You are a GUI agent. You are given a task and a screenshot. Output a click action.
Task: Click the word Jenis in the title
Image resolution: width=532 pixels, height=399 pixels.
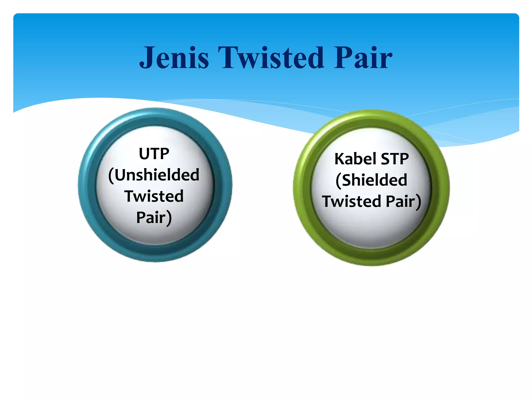(174, 58)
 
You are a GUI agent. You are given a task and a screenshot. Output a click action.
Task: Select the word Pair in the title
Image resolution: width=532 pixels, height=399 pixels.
(363, 58)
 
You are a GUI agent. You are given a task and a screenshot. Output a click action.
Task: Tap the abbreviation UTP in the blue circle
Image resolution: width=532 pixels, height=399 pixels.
(154, 154)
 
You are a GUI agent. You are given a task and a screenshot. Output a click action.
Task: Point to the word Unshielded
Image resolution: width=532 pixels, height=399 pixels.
(157, 175)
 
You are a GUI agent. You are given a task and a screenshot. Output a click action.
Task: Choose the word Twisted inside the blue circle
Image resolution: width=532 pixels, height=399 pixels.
(154, 196)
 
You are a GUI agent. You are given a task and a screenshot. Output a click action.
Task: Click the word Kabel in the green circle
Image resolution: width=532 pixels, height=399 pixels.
(355, 159)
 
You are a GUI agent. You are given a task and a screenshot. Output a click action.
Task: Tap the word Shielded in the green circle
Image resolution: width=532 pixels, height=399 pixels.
(374, 180)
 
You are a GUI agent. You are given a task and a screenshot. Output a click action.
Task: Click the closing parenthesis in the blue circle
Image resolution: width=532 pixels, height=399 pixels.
(169, 218)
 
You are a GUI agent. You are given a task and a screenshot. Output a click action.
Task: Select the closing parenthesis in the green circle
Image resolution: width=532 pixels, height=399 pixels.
(418, 202)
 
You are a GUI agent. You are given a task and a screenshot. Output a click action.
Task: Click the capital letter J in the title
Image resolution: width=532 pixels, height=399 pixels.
(147, 58)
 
